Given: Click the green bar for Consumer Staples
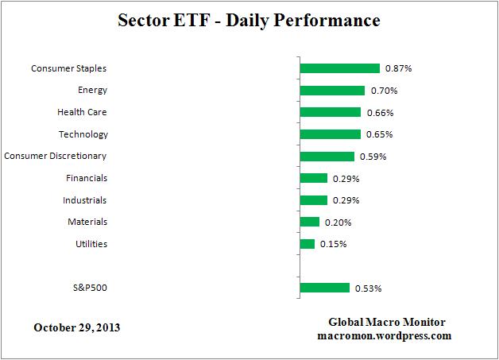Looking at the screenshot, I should [339, 68].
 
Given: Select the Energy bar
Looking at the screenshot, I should [332, 91].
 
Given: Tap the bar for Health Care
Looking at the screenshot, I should [330, 112].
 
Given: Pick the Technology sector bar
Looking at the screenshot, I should [330, 134].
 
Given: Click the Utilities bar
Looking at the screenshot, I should [307, 244].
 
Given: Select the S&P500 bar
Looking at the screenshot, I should [324, 288].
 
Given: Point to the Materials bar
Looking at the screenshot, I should [309, 222].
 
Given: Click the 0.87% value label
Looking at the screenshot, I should [398, 69].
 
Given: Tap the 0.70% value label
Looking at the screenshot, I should [384, 91].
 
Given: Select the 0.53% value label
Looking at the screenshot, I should [368, 288].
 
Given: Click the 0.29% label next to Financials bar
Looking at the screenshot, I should [346, 179].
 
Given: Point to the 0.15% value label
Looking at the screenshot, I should [333, 244].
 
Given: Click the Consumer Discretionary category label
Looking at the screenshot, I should [56, 156].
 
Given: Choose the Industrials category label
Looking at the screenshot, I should [85, 200].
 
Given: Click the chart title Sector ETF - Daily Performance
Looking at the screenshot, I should [249, 19].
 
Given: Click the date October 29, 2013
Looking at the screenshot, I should [77, 327].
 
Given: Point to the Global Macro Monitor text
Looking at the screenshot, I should [387, 322].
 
